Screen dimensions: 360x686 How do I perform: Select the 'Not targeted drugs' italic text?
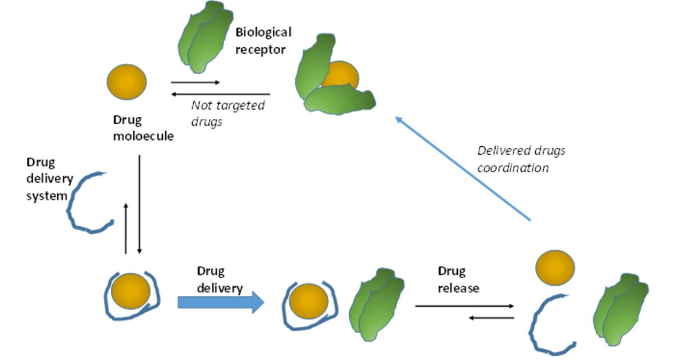tap(228, 113)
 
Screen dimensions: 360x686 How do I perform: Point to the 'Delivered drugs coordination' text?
tap(521, 159)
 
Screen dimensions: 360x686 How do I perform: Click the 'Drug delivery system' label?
tap(49, 179)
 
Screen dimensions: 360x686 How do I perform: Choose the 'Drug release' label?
tap(458, 279)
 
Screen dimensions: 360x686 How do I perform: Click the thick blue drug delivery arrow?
tap(221, 302)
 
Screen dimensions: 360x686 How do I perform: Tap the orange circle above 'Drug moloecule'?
tap(127, 82)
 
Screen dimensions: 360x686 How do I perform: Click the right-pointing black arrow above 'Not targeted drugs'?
tap(196, 83)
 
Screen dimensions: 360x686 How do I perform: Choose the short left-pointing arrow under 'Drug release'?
tap(491, 317)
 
